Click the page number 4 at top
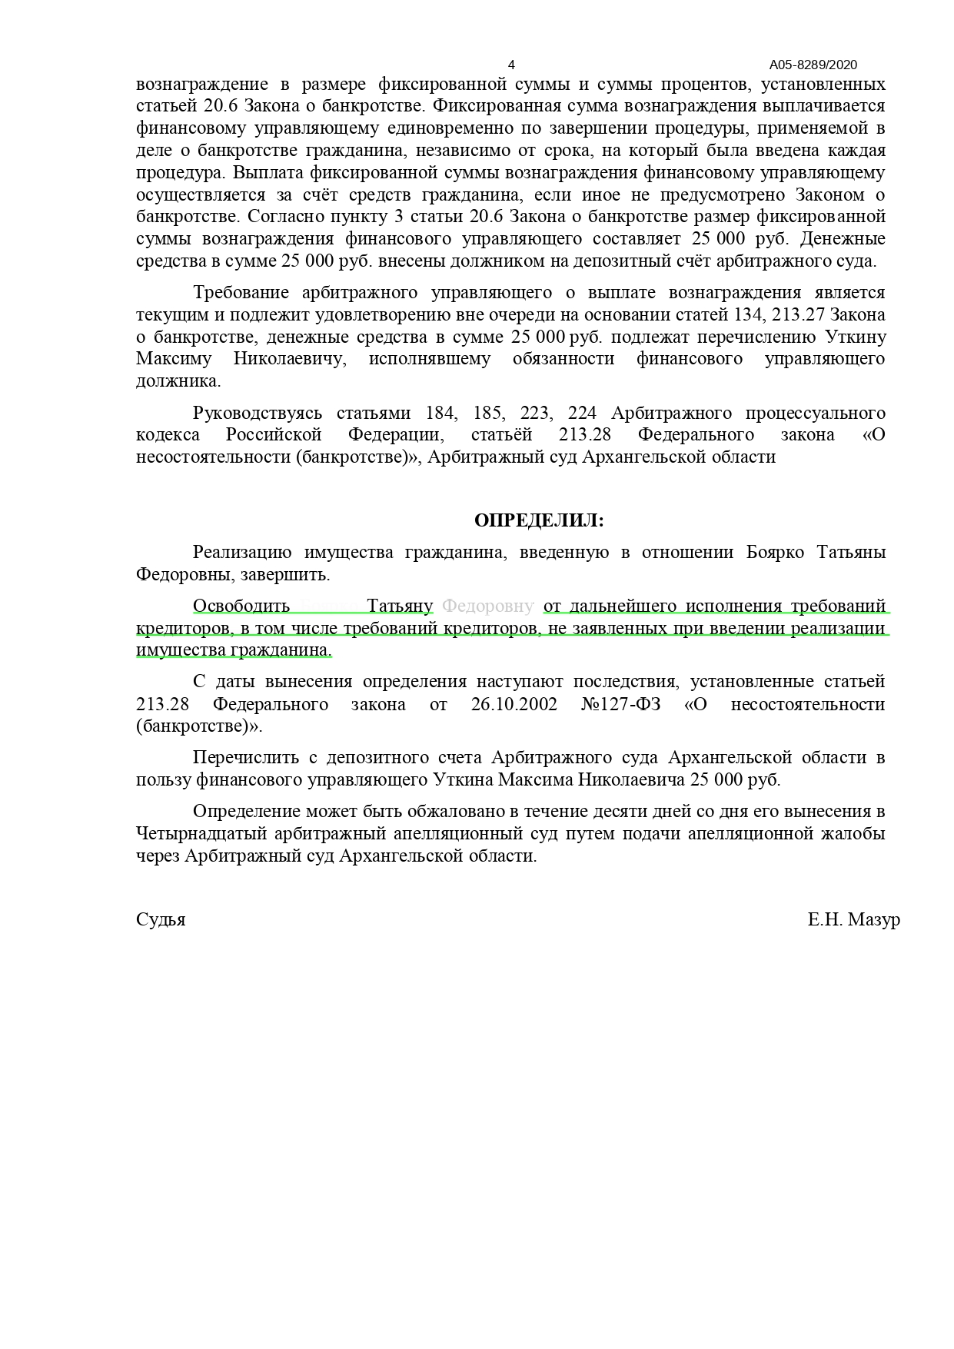click(511, 65)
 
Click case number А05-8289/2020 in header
click(813, 65)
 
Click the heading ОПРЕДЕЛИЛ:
click(539, 520)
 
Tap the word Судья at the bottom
click(161, 919)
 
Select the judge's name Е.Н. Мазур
click(853, 919)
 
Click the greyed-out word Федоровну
click(488, 606)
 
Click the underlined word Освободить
click(241, 606)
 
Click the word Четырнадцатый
click(196, 833)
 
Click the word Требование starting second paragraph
click(241, 292)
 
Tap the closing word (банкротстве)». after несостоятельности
click(199, 726)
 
